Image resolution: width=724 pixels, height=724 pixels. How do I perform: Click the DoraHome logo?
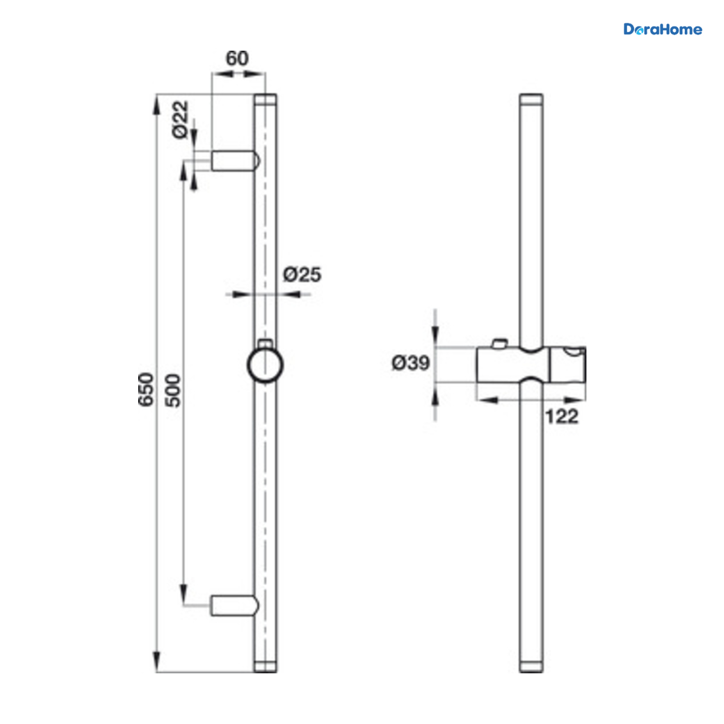[x=662, y=30]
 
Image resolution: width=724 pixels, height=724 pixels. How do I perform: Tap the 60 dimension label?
[x=237, y=59]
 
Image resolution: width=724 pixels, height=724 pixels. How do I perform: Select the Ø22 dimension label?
[x=180, y=119]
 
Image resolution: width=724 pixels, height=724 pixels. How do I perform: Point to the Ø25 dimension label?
[x=302, y=275]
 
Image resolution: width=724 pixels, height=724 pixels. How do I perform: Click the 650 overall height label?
[x=146, y=389]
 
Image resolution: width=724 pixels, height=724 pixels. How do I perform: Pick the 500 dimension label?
[x=173, y=390]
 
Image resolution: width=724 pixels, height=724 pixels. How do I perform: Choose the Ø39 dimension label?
[x=410, y=363]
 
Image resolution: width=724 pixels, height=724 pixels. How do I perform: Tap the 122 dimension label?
[x=562, y=417]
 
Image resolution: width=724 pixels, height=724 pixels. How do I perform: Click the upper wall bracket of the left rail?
[x=235, y=160]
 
